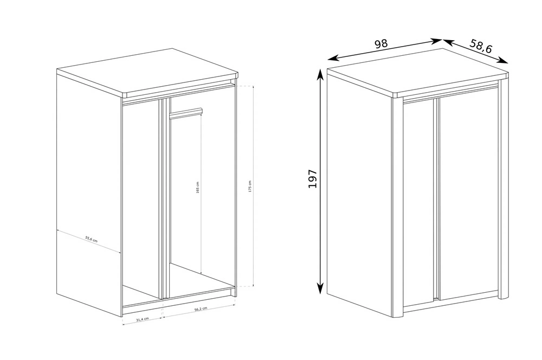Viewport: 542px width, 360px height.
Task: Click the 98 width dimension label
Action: [x=381, y=43]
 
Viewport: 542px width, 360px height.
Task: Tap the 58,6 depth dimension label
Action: [x=481, y=46]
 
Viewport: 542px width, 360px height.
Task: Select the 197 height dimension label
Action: [x=313, y=179]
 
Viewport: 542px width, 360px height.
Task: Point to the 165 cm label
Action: [x=198, y=187]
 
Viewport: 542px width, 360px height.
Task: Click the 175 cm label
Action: [x=250, y=187]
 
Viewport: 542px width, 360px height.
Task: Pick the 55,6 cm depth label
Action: [x=91, y=239]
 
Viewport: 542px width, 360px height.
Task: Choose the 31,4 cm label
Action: [x=143, y=319]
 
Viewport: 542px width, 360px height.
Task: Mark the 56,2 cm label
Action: [x=201, y=309]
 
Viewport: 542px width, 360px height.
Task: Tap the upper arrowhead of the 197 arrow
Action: [x=321, y=72]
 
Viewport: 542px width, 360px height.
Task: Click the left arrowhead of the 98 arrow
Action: [x=332, y=57]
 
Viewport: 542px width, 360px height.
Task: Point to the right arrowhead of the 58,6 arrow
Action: [x=503, y=61]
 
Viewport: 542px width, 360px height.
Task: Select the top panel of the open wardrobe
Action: [x=148, y=73]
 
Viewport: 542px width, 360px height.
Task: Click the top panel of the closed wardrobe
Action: [x=418, y=73]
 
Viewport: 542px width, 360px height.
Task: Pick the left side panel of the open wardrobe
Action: [x=89, y=194]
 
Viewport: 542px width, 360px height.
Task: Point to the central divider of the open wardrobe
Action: [x=164, y=199]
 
